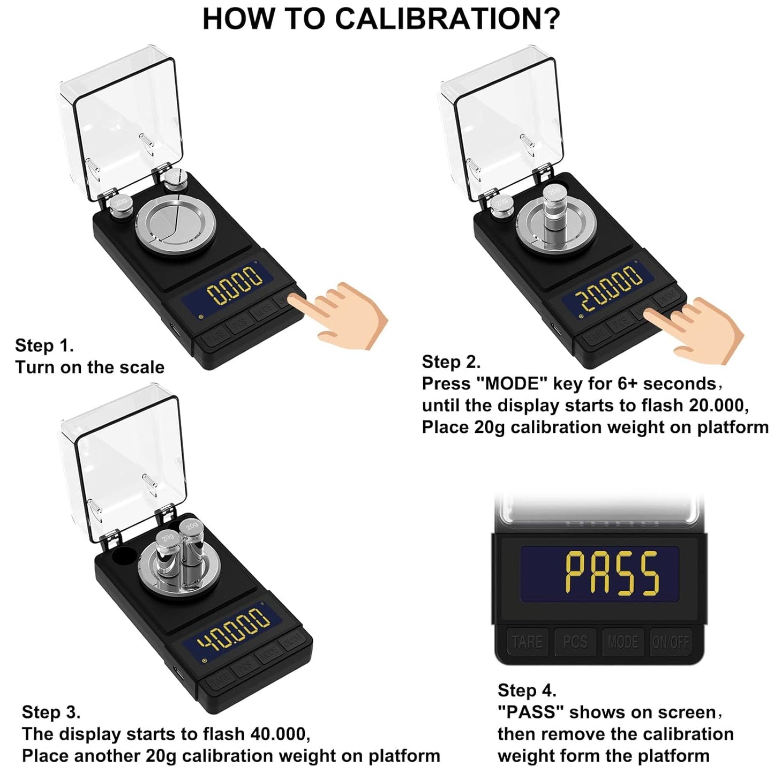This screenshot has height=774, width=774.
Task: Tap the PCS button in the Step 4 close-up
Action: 575,642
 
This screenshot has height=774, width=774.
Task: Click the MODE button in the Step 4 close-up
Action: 622,642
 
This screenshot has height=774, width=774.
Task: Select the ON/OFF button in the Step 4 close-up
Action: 671,642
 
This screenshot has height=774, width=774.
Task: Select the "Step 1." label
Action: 44,345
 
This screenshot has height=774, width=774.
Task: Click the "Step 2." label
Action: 451,362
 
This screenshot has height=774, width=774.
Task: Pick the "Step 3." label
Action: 51,712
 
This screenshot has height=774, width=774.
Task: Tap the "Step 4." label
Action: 527,690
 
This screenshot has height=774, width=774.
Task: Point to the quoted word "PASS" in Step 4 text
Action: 530,712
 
